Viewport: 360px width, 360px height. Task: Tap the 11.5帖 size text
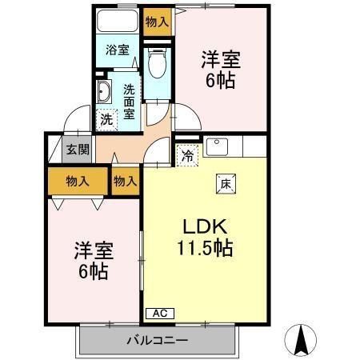point(205,249)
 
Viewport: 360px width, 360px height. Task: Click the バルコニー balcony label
point(157,341)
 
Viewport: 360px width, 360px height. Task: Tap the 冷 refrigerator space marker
point(186,156)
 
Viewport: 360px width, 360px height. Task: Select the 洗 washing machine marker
point(106,120)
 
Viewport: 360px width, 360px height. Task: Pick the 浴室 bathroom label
point(118,50)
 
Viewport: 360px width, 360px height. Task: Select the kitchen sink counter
point(217,147)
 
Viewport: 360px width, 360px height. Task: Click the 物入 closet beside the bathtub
point(157,22)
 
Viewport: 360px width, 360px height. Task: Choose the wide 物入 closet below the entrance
point(77,182)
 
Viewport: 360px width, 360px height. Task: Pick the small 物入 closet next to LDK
point(124,182)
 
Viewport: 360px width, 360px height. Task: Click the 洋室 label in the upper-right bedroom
point(221,60)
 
